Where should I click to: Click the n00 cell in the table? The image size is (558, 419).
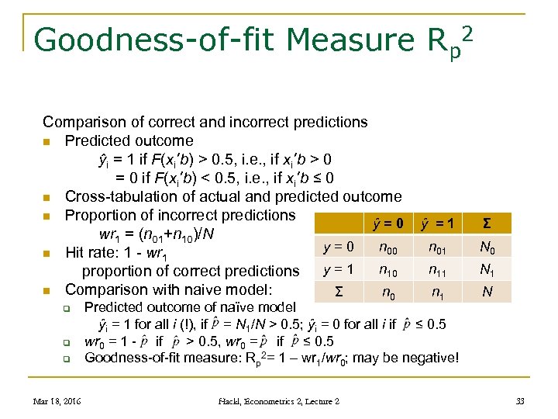(390, 248)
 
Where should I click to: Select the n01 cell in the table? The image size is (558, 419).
(439, 248)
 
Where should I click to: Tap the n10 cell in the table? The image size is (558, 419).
(390, 271)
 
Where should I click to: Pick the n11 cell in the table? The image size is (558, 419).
(439, 271)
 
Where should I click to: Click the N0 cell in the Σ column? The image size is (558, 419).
(487, 248)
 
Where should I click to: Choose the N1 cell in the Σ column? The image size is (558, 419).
(487, 271)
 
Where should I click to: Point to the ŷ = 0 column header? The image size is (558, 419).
(388, 224)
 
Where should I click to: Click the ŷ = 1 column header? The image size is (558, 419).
(438, 224)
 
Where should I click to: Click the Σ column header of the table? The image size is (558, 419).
(486, 224)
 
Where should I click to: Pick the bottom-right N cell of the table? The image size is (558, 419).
(487, 293)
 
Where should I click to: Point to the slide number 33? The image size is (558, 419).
(519, 401)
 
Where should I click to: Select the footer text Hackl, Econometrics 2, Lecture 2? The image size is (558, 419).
(278, 401)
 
